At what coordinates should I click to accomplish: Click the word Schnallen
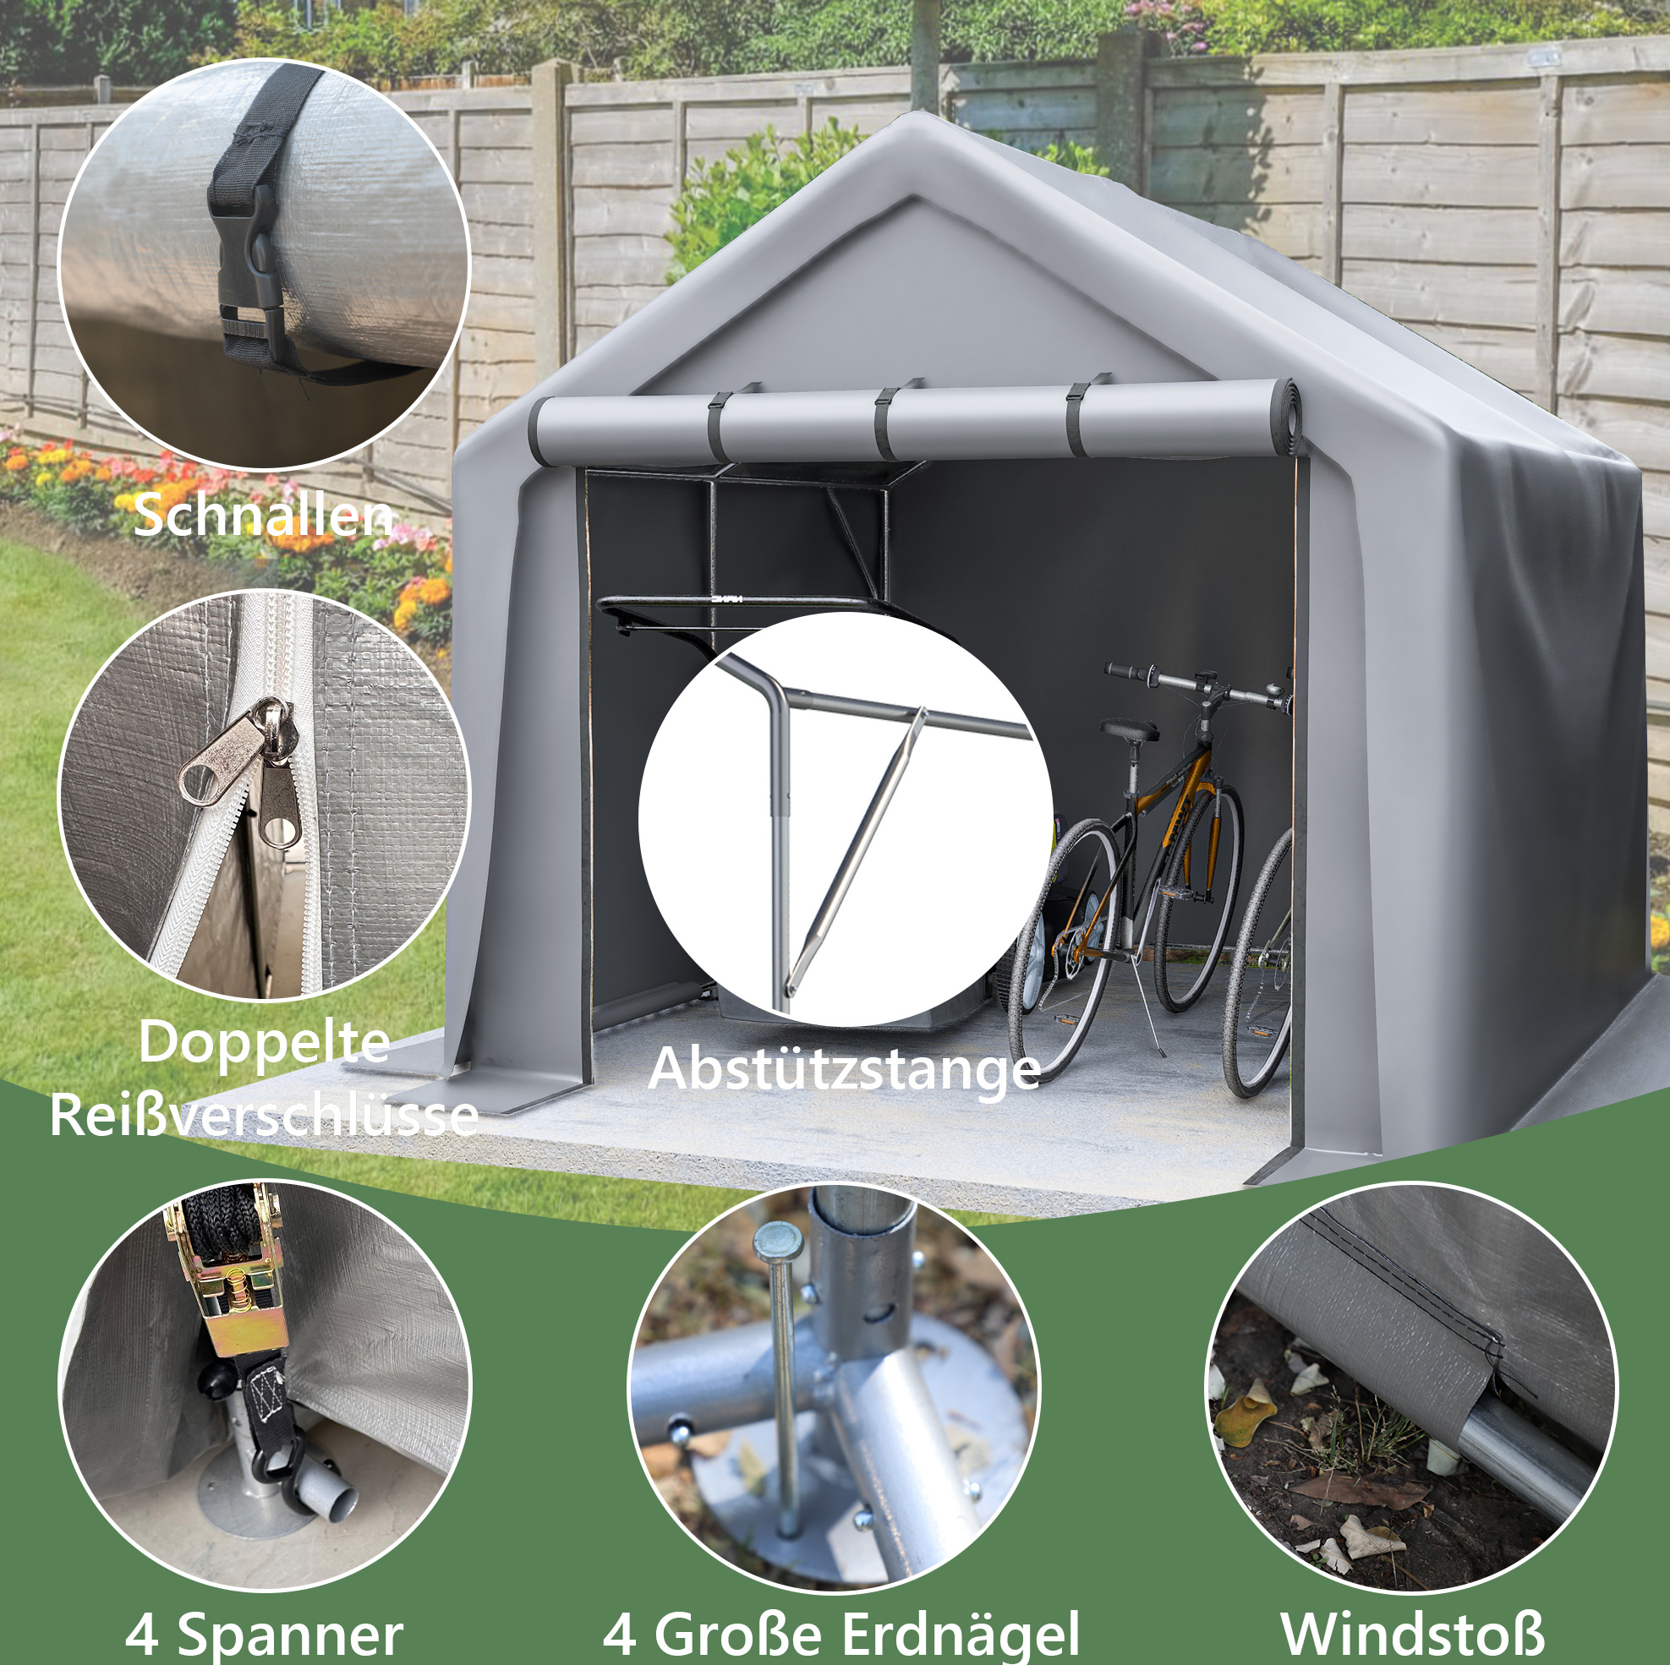point(263,516)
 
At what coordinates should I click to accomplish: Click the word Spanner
point(289,1635)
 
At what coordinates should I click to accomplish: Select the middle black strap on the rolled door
point(888,424)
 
